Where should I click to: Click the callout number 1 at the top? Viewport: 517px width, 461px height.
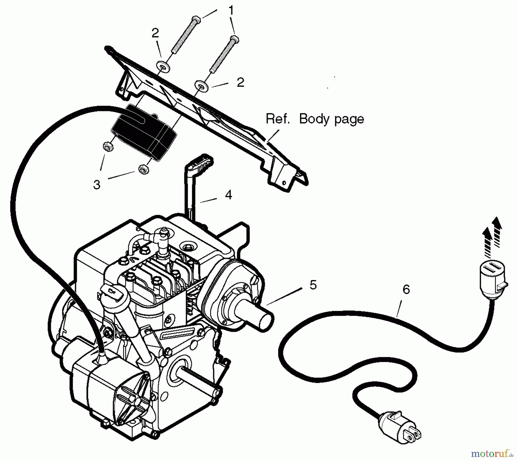coord(231,11)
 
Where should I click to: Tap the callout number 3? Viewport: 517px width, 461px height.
coord(97,185)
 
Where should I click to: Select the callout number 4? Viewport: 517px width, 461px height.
coord(228,195)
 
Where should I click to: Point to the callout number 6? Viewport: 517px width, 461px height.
coord(406,289)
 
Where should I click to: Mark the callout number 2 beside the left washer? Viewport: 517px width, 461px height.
coord(155,33)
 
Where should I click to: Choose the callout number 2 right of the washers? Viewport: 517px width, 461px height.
coord(240,82)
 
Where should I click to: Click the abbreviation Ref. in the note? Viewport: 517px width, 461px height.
coord(277,119)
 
